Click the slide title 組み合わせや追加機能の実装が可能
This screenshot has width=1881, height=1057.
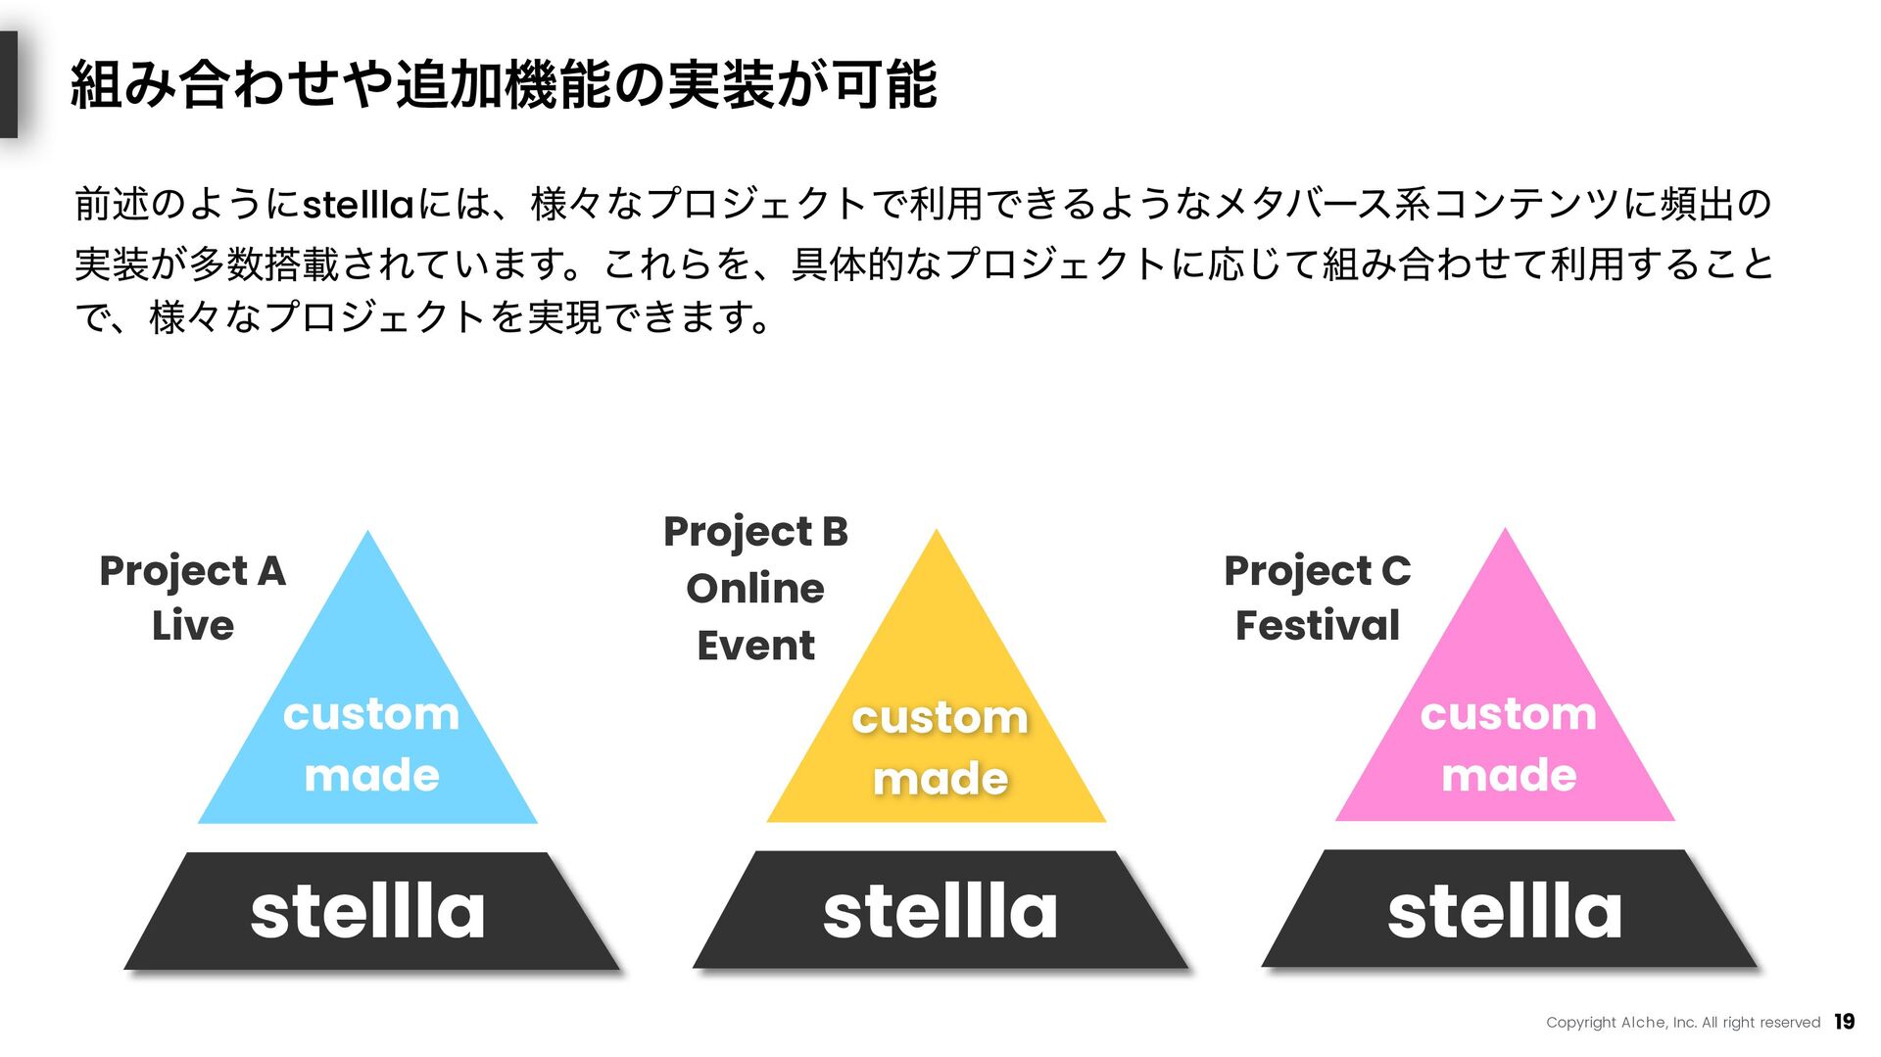[505, 84]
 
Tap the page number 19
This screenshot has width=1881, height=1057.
[1844, 1022]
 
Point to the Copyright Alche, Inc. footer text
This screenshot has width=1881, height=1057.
[1682, 1023]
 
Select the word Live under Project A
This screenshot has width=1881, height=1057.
[193, 626]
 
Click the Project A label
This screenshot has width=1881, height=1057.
[192, 571]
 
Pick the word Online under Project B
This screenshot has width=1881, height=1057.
[755, 589]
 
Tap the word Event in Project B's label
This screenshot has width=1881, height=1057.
[755, 646]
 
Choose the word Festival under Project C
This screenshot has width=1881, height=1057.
[1318, 626]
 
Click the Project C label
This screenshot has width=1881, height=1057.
[1318, 571]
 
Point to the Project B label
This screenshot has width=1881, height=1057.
[755, 532]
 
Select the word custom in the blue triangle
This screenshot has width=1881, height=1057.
[371, 714]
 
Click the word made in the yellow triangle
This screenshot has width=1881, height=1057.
[940, 779]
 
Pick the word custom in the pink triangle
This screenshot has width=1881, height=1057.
[1509, 714]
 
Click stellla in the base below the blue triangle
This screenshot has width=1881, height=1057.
[368, 911]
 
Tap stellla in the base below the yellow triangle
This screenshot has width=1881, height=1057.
[940, 911]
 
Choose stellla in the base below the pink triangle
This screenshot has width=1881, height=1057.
[1505, 911]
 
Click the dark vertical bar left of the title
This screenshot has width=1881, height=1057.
[9, 84]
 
